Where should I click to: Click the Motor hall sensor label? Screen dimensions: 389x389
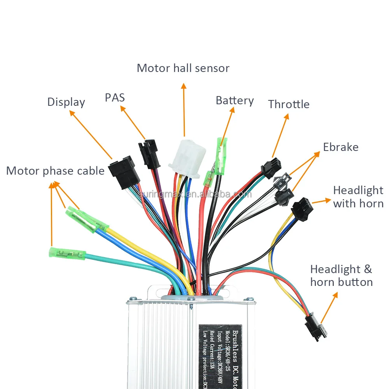tap(183, 68)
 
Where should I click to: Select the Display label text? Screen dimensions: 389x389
tap(66, 102)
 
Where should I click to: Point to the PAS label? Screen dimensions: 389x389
tap(115, 97)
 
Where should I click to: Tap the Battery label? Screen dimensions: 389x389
tap(235, 101)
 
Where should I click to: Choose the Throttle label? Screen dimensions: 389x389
tap(289, 104)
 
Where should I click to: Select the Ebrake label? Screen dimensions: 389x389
tap(341, 147)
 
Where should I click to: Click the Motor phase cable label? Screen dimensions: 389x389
tap(55, 171)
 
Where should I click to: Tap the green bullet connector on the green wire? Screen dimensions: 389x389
tap(67, 254)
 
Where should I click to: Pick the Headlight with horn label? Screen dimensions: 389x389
tap(358, 197)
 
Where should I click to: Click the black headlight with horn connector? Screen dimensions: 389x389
tap(302, 209)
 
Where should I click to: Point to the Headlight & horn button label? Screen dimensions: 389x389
tap(341, 275)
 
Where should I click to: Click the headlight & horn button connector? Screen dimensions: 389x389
tap(316, 326)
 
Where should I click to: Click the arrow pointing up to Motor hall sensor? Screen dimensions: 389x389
tap(184, 109)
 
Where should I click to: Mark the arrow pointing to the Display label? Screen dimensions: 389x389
tap(91, 135)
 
